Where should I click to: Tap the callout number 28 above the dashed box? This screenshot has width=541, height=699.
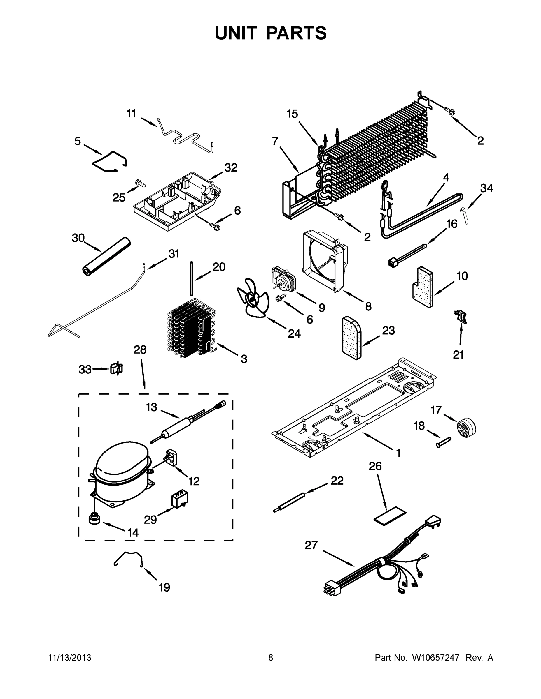(x=140, y=350)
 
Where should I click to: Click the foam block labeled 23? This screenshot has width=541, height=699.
(x=352, y=338)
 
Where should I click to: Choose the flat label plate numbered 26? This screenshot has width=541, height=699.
(x=390, y=515)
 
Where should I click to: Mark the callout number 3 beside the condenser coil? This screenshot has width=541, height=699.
(x=244, y=359)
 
